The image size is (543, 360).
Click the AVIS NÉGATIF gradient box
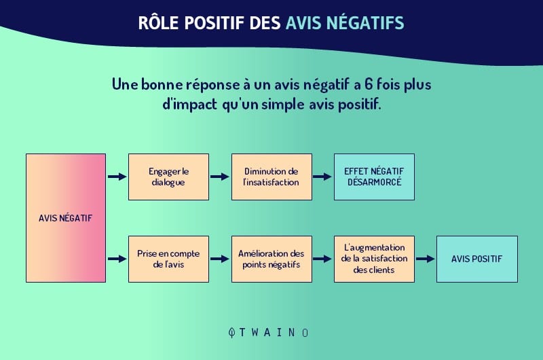pyautogui.click(x=66, y=218)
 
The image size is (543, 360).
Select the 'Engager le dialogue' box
pyautogui.click(x=168, y=177)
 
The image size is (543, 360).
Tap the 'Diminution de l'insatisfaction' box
pyautogui.click(x=271, y=177)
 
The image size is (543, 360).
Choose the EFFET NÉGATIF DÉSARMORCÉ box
pyautogui.click(x=374, y=177)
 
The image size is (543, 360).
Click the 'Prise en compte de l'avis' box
pyautogui.click(x=168, y=259)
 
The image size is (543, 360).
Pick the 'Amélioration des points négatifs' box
pyautogui.click(x=271, y=259)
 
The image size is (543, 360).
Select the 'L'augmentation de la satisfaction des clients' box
pyautogui.click(x=374, y=259)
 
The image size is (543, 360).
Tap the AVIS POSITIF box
pyautogui.click(x=477, y=259)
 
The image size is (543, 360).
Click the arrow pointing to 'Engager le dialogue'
pyautogui.click(x=117, y=177)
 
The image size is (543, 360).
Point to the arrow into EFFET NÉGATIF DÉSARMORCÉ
pyautogui.click(x=322, y=177)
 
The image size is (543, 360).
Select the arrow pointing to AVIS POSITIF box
pyautogui.click(x=426, y=259)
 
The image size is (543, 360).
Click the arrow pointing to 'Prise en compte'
pyautogui.click(x=117, y=259)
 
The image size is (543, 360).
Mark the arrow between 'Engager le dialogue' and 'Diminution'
pyautogui.click(x=219, y=177)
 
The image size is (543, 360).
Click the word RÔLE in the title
pyautogui.click(x=158, y=22)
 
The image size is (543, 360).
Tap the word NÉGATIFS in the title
pyautogui.click(x=365, y=23)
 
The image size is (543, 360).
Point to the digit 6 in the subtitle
pyautogui.click(x=369, y=84)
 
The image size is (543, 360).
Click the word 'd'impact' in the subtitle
pyautogui.click(x=190, y=105)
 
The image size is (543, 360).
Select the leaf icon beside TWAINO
pyautogui.click(x=231, y=333)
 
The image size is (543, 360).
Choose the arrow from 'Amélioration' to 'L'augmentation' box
pyautogui.click(x=322, y=259)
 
